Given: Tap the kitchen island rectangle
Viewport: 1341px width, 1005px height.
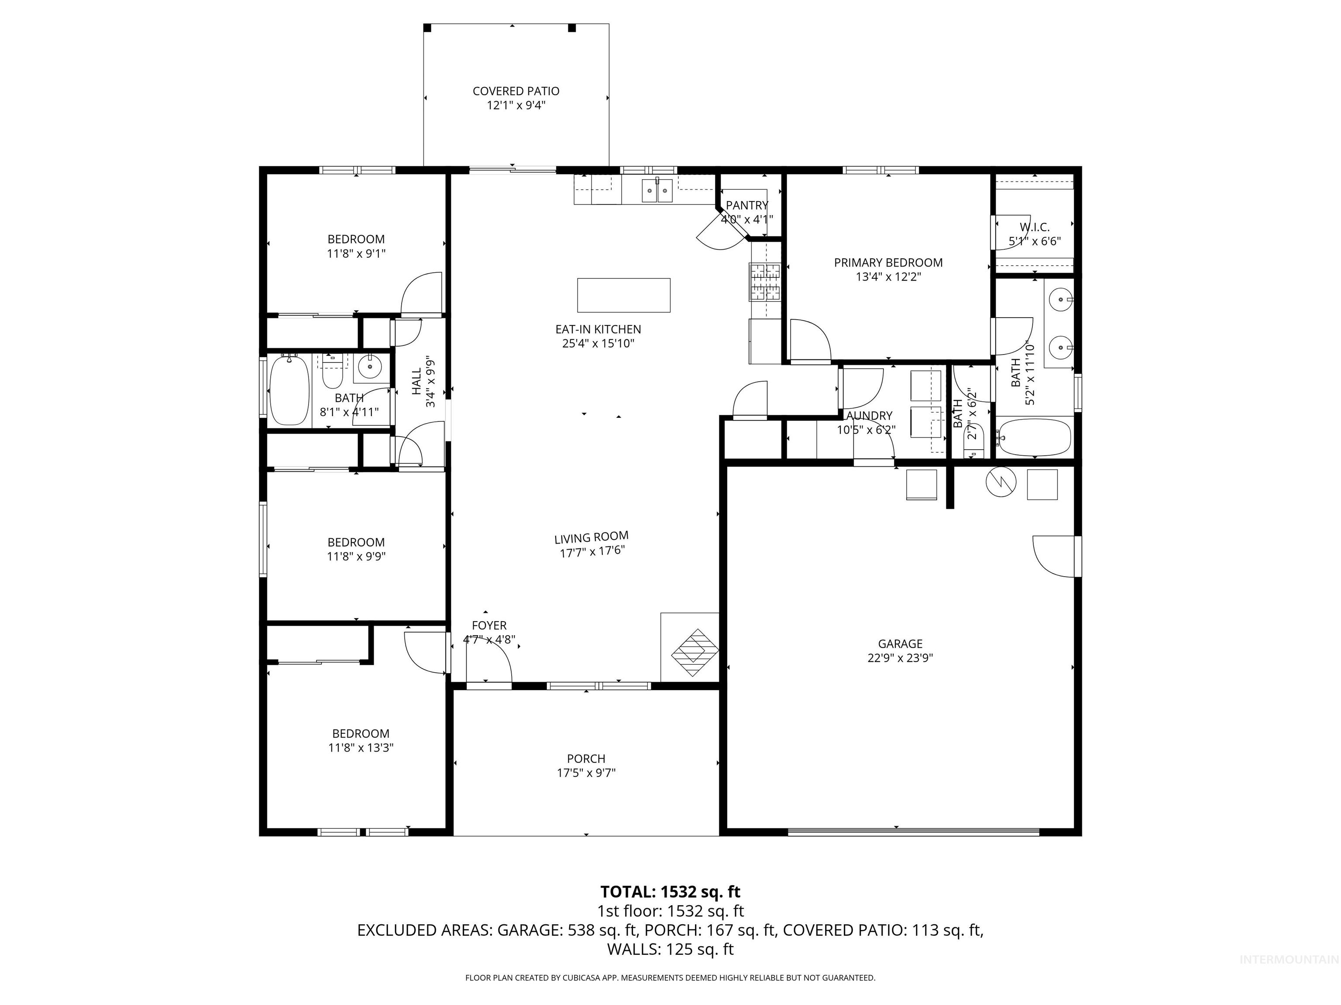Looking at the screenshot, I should [x=624, y=295].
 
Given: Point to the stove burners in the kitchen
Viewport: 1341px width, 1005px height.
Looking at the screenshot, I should [x=765, y=282].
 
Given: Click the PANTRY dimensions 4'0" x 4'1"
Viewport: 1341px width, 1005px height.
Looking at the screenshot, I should [x=747, y=219].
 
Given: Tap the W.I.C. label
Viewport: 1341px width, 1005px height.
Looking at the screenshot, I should [x=1034, y=228].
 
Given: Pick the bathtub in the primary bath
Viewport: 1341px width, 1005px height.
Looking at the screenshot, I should [x=1034, y=438].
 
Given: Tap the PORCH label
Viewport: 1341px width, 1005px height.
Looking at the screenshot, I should [x=586, y=759].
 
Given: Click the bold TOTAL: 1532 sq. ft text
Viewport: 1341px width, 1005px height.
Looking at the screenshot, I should [x=670, y=892].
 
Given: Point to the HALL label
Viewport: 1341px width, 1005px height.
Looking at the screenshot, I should [x=416, y=382].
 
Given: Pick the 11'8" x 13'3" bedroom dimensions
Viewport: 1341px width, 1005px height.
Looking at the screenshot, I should [x=361, y=748].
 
